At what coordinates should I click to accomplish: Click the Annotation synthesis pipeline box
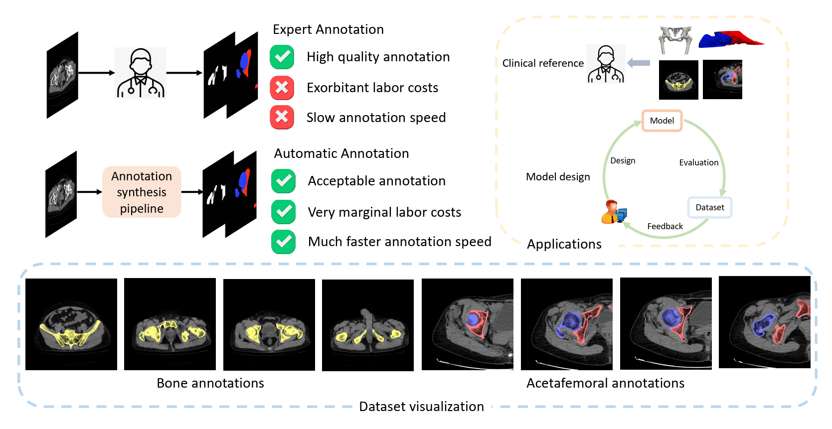point(142,192)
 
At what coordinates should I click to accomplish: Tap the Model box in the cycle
point(662,121)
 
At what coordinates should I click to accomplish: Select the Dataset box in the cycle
point(709,207)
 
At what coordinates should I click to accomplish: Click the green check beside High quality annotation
point(282,57)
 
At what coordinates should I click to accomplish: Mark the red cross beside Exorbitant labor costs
point(282,88)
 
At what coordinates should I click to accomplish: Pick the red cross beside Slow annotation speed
point(282,117)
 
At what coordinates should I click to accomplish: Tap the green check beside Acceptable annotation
point(284,181)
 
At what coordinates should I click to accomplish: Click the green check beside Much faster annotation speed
point(284,242)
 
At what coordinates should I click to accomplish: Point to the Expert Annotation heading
point(329,29)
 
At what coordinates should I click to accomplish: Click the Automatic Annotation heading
point(341,153)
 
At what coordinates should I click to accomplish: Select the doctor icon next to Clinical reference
point(606,64)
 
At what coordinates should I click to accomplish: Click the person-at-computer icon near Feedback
point(614,212)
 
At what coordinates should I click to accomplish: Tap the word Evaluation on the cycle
point(699,162)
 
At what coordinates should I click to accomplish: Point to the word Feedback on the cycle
point(665,226)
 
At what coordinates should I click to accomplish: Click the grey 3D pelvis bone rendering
point(675,40)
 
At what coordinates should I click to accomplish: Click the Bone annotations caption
point(210,383)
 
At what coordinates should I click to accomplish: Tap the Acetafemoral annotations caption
point(605,383)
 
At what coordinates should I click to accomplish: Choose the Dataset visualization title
point(422,407)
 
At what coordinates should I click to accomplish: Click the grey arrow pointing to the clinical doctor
point(639,63)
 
